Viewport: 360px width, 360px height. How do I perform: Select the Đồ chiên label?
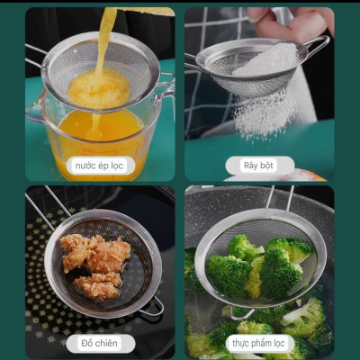(100, 343)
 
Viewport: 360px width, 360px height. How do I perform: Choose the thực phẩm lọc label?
(258, 343)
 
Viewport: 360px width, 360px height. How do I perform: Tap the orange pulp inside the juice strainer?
(99, 88)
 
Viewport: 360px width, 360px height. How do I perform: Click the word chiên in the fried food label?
(110, 343)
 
